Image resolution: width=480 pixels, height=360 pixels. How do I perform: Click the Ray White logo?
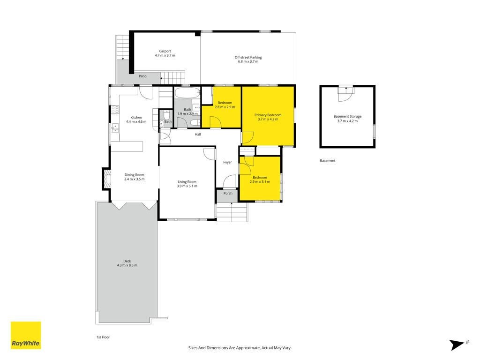(26, 335)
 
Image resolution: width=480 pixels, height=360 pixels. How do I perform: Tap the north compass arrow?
(457, 345)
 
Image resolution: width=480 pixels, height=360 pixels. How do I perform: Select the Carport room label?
(165, 51)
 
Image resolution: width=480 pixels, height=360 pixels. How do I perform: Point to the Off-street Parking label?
(248, 57)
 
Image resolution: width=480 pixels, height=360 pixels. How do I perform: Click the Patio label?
(142, 76)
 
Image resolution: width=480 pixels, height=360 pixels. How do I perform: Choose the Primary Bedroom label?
(268, 115)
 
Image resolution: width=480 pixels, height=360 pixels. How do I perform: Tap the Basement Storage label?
(347, 116)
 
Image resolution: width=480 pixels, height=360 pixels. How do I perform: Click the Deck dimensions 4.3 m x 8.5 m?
(127, 265)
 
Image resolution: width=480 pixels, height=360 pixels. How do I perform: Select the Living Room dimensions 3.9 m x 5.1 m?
(187, 186)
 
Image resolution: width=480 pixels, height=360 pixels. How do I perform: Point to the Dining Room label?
(135, 175)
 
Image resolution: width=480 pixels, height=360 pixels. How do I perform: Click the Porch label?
(228, 193)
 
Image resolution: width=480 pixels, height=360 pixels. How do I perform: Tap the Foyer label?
(227, 162)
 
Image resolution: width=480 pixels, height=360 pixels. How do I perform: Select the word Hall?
(198, 135)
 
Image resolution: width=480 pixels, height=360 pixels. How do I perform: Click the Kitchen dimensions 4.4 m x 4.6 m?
(136, 121)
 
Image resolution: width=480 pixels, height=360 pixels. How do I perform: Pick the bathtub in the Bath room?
(187, 93)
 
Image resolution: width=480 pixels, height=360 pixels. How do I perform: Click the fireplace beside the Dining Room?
(107, 179)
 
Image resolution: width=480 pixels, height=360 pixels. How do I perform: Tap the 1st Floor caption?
(103, 337)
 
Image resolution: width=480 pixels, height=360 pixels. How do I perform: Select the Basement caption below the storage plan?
(328, 160)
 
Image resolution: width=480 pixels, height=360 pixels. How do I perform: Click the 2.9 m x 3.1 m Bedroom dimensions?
(260, 182)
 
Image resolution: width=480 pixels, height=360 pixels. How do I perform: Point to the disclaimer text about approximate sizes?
(240, 348)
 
